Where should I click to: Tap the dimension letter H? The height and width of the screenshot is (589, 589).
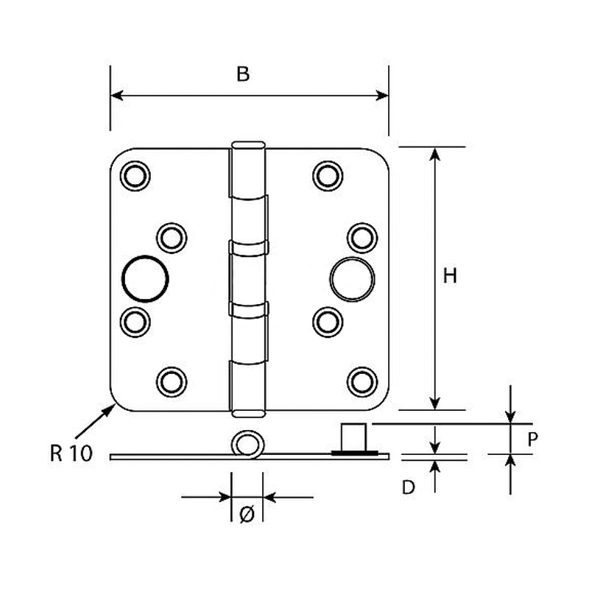tap(451, 276)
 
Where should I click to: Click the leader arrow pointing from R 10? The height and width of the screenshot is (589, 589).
tap(94, 423)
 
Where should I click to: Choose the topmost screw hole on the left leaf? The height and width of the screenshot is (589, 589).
tap(135, 176)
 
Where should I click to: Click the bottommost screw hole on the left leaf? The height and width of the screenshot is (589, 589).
tap(171, 380)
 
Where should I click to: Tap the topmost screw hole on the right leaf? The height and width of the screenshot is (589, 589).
tap(327, 175)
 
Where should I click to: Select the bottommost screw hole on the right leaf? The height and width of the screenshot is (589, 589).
tap(361, 380)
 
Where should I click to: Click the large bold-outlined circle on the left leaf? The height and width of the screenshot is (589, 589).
tap(146, 278)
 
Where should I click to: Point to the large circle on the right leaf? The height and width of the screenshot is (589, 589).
tap(352, 279)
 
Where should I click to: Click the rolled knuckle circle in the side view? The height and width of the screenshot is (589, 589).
tap(247, 444)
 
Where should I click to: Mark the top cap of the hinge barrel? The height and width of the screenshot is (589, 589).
tap(248, 144)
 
